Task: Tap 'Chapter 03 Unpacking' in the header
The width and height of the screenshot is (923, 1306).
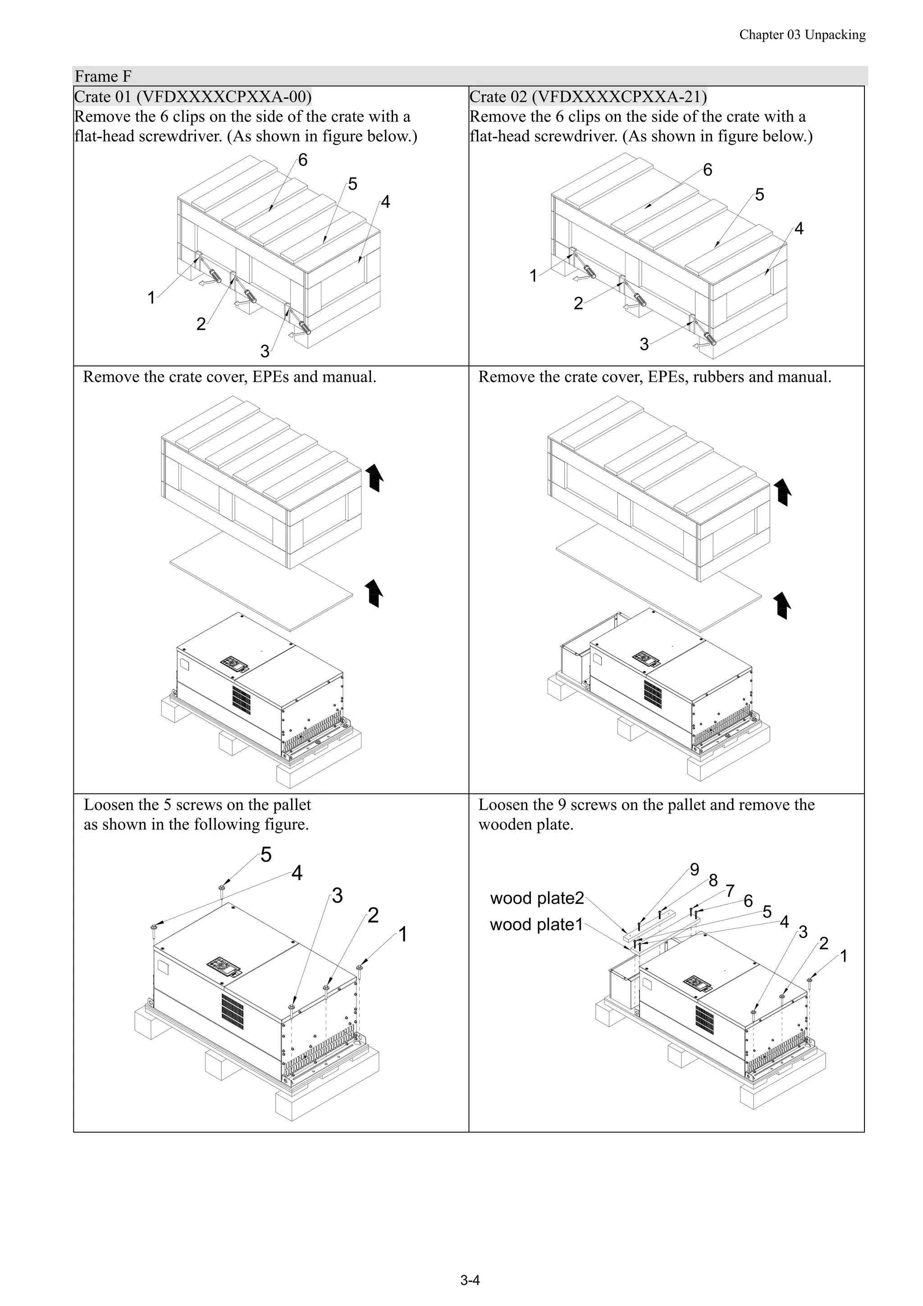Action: click(802, 35)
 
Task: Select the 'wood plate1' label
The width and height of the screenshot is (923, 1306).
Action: click(536, 924)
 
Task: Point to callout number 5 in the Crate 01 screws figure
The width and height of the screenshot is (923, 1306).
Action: click(265, 854)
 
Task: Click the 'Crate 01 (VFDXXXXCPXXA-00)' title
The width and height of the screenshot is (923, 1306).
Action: click(193, 96)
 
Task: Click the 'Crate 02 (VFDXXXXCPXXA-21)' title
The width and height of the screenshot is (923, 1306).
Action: click(588, 96)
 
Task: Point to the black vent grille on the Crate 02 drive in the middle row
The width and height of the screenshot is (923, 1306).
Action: click(652, 699)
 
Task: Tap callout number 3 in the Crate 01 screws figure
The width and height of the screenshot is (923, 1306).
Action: click(337, 896)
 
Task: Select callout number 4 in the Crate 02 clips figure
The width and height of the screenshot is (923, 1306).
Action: click(799, 229)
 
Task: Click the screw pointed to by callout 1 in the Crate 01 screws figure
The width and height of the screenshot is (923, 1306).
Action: click(360, 968)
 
